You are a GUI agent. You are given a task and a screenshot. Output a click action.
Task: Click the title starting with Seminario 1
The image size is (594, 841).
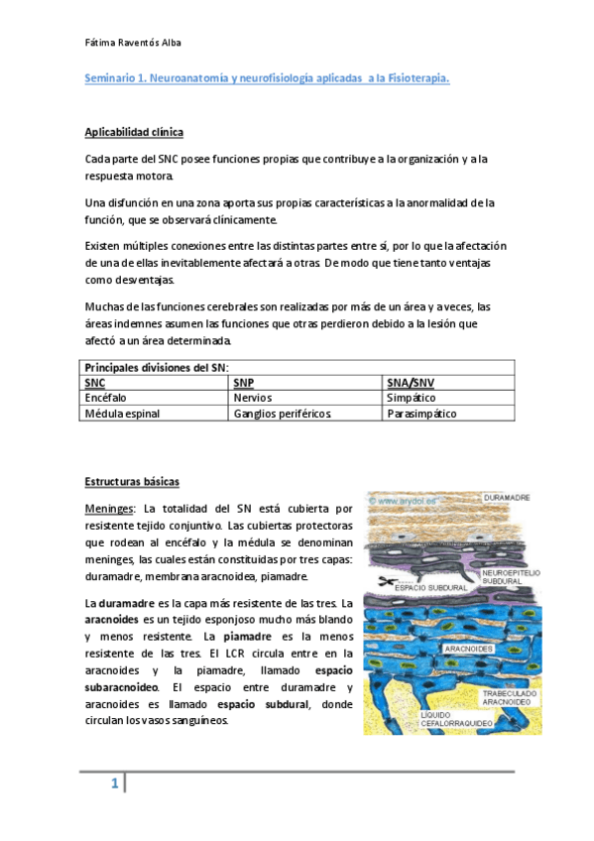[266, 78]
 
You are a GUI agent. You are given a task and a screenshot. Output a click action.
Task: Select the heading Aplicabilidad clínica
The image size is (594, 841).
[134, 133]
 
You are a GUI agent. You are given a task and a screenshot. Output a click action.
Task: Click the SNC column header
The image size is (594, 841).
[95, 382]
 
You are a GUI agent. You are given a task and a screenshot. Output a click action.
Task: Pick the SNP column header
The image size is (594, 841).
[243, 382]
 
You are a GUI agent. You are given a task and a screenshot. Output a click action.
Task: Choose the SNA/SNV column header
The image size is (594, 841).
[411, 382]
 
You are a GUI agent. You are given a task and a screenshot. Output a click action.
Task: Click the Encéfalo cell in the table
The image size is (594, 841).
[107, 397]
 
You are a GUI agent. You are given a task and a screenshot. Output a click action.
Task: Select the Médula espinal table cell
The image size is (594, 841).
[122, 413]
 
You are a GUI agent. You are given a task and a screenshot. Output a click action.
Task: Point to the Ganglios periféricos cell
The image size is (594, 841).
[282, 413]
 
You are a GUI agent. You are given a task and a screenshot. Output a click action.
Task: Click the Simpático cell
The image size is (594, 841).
[411, 397]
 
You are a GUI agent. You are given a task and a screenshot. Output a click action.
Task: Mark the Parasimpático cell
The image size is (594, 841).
[421, 413]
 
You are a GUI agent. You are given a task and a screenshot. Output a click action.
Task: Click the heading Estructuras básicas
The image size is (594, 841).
[132, 482]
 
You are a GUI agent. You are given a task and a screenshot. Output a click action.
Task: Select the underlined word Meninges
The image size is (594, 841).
[111, 508]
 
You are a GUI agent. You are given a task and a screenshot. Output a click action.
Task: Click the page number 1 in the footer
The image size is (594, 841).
[114, 785]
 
